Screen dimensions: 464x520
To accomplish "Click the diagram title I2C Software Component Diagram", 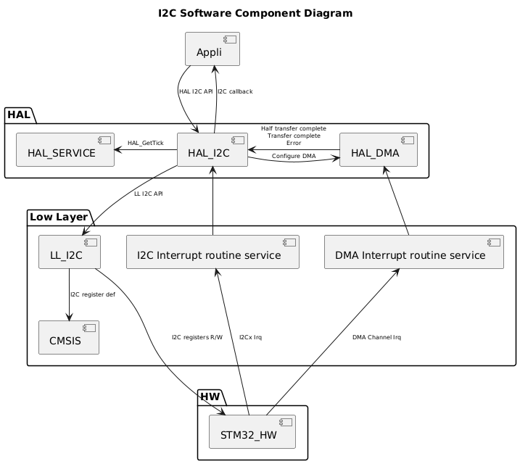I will click(x=260, y=13).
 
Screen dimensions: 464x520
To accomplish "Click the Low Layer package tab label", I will click(x=58, y=217).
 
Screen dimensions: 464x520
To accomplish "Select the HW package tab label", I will click(x=211, y=397).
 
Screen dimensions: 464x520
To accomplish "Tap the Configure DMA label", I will click(x=294, y=156).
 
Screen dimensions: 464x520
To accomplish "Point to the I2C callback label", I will click(x=235, y=91).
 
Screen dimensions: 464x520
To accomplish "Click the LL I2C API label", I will click(x=148, y=194).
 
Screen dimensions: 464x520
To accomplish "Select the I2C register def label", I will click(x=93, y=294).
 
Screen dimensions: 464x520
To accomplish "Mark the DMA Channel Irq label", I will click(x=376, y=337).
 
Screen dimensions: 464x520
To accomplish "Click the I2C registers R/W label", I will click(x=197, y=337).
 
